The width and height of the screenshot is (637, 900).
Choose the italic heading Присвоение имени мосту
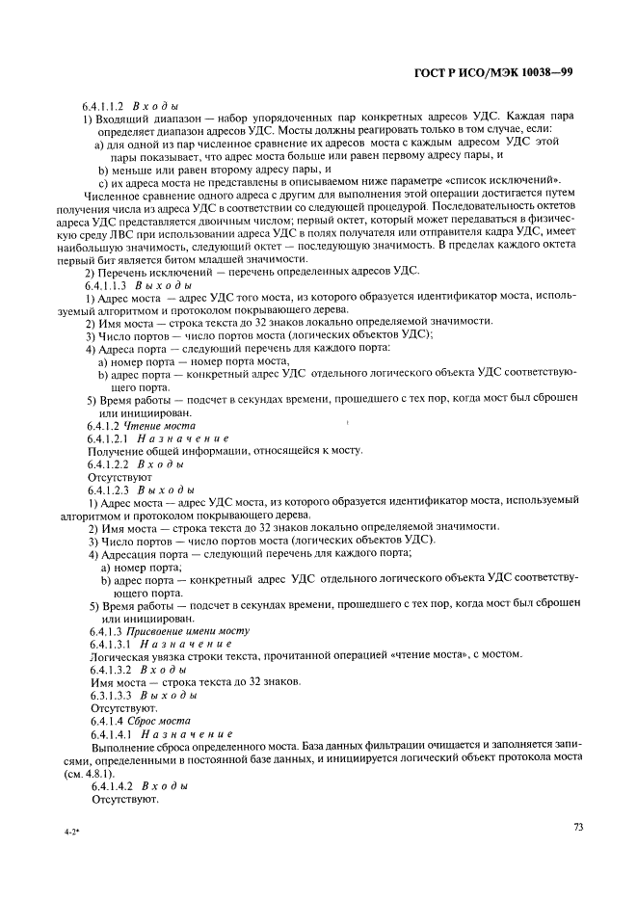point(187,630)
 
